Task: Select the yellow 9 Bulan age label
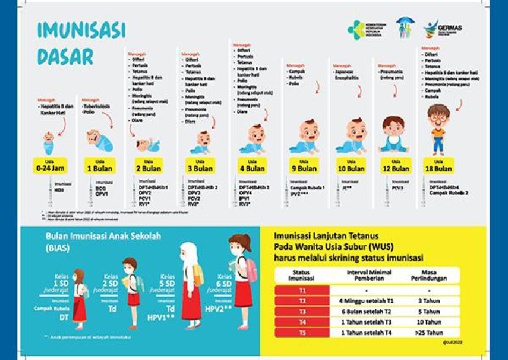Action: pyautogui.click(x=303, y=165)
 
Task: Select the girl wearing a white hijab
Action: pyautogui.click(x=190, y=281)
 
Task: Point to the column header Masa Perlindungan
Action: pyautogui.click(x=433, y=275)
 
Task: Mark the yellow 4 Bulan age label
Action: pyautogui.click(x=252, y=165)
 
